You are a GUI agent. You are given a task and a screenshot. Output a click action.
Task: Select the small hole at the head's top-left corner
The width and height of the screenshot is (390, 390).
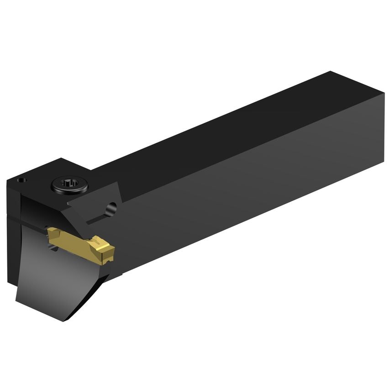[21, 180]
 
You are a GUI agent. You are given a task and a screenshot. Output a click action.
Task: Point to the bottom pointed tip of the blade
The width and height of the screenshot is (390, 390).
[64, 318]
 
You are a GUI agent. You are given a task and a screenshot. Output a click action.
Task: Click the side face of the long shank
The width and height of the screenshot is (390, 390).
[251, 183]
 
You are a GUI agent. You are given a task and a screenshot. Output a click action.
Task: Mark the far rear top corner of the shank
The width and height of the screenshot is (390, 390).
[331, 72]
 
